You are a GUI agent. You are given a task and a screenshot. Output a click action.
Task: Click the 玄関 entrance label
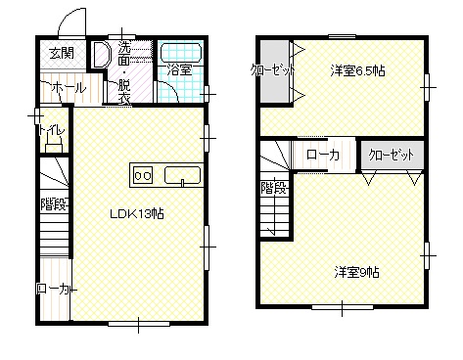tap(62, 53)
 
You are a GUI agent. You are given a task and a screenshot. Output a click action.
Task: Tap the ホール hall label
tap(69, 87)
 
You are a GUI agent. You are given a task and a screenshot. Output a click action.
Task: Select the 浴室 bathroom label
tap(179, 69)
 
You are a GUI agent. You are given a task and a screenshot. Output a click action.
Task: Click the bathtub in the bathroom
tap(181, 53)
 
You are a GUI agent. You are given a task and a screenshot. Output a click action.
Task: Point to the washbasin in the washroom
tap(101, 55)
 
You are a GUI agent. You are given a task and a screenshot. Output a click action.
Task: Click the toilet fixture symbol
tap(54, 144)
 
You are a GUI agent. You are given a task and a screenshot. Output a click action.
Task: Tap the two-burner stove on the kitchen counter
tap(143, 175)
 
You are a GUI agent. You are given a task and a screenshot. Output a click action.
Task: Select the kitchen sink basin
tap(182, 175)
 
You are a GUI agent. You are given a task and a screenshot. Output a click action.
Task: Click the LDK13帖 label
tap(136, 214)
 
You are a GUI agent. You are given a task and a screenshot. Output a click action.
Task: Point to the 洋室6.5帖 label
tap(357, 70)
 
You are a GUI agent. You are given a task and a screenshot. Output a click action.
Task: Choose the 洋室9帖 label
tap(357, 272)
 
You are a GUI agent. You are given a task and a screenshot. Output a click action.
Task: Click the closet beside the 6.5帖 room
tap(275, 71)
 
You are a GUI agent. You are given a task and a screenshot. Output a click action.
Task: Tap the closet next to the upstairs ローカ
tap(392, 155)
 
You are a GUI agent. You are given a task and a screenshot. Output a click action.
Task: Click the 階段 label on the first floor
tap(54, 204)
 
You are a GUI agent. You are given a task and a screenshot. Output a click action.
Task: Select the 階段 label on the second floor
tap(274, 188)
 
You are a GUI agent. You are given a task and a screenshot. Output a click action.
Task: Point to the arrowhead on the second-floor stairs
tap(271, 232)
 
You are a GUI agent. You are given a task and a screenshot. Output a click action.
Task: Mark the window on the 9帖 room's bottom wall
tap(343, 307)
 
